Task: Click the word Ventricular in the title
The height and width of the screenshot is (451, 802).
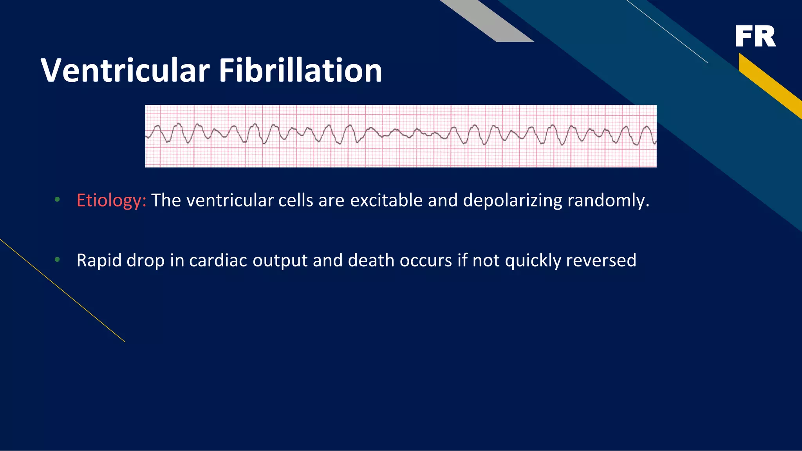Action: pos(125,70)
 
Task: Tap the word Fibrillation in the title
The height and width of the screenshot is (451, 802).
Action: pos(300,70)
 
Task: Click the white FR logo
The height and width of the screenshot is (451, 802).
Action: pos(755,36)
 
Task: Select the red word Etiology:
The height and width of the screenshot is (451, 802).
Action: pos(111,201)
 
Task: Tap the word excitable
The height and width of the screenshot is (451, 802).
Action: pos(385,201)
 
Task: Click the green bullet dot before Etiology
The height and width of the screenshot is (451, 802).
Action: pos(58,200)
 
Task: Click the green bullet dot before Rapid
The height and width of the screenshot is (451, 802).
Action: pos(58,260)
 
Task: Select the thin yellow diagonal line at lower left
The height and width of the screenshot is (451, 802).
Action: pos(63,291)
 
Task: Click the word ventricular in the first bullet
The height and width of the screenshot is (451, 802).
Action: pos(229,201)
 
